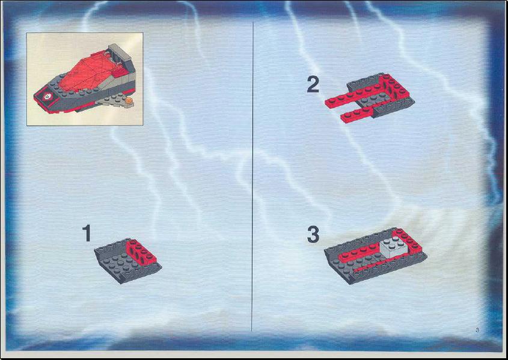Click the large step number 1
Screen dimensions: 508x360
[87, 233]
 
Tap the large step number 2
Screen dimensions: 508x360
[313, 85]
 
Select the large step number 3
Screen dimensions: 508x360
[313, 235]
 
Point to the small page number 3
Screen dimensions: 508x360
[477, 330]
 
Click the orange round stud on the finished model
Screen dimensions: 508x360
[129, 101]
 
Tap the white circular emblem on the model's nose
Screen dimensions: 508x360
[48, 96]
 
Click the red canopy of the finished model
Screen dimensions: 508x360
[88, 72]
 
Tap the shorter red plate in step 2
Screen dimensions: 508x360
[357, 115]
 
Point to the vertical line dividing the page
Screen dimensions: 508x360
[252, 177]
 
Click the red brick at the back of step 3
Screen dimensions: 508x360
[408, 241]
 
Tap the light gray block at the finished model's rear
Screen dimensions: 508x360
[119, 53]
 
